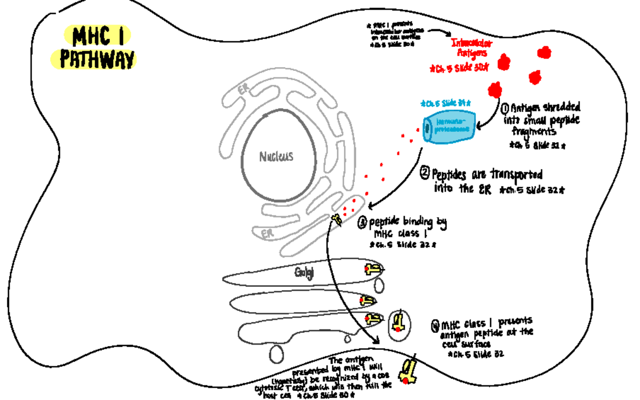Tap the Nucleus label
click(x=276, y=157)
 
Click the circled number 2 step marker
click(x=425, y=173)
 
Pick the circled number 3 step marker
click(x=362, y=223)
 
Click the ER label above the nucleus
click(x=243, y=91)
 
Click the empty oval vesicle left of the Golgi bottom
click(x=277, y=353)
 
